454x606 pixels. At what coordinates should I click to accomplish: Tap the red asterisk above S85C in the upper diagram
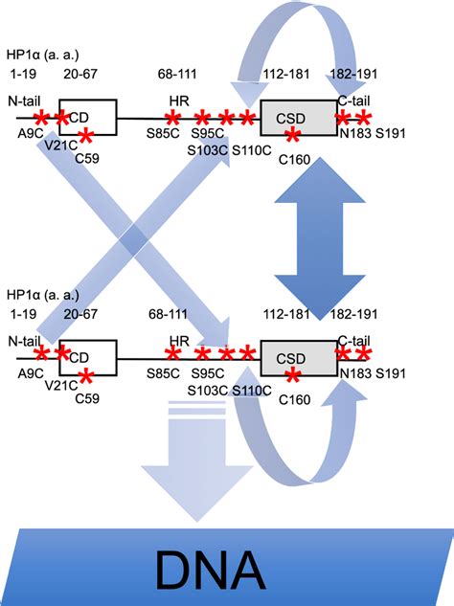(x=172, y=118)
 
